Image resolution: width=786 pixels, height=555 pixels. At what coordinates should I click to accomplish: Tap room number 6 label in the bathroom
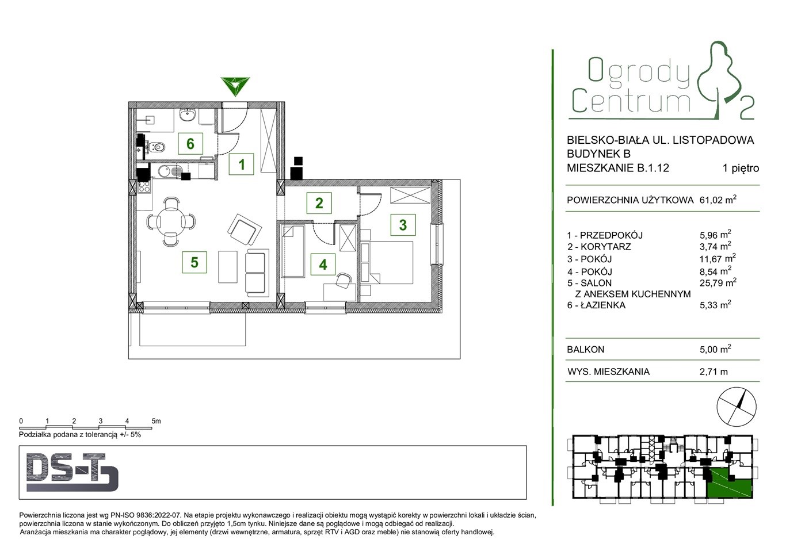coord(190,143)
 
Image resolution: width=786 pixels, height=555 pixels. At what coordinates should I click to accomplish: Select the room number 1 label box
coord(242,164)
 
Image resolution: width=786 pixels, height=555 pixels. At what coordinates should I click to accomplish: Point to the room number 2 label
coord(319,203)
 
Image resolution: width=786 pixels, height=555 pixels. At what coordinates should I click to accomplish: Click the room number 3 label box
coord(403,225)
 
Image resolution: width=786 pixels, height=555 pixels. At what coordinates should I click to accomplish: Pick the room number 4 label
coord(323,264)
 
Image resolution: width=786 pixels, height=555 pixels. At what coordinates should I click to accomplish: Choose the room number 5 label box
coord(194,262)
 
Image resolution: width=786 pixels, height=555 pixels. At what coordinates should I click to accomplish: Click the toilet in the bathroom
coord(156,146)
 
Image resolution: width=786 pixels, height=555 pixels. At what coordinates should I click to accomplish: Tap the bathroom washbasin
coord(189,115)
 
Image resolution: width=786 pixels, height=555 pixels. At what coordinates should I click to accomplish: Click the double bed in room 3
coord(387,262)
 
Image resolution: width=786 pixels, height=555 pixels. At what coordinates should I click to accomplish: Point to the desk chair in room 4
coord(344,280)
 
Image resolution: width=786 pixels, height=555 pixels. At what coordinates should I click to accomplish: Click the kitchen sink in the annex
coord(170,171)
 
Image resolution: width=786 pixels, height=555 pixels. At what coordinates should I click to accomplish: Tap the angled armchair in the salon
coord(245,230)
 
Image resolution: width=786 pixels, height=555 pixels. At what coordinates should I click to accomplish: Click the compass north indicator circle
coord(737,407)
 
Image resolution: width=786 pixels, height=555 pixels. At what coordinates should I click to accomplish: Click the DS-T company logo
coord(73,473)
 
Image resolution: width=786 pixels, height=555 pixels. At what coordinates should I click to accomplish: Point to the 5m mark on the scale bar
coord(156,421)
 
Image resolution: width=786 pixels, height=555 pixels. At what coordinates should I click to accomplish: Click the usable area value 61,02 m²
coord(718,200)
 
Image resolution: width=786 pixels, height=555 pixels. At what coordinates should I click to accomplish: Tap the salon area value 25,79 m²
coord(718,282)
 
